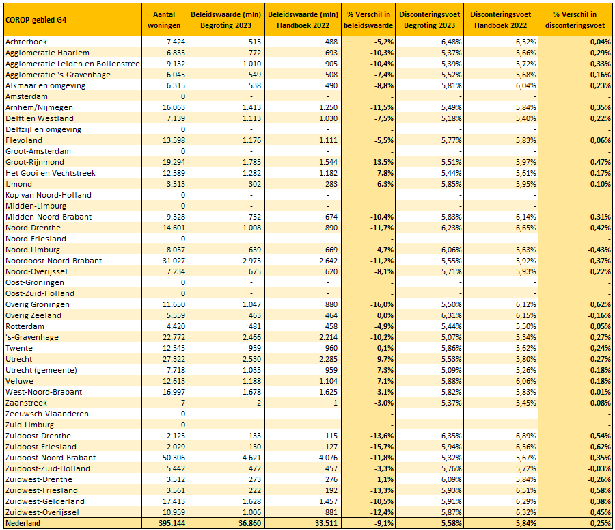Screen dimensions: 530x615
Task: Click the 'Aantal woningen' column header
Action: [164, 20]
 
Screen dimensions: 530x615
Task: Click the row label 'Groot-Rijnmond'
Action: [34, 162]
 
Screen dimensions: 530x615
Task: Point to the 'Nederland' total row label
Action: [23, 523]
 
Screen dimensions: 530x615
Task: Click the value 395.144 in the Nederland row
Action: [172, 523]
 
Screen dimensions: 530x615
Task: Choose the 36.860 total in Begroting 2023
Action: [248, 523]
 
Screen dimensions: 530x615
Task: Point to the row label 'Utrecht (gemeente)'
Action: [41, 370]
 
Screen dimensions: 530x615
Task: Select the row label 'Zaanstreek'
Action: [26, 403]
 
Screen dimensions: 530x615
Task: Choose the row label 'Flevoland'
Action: [24, 140]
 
